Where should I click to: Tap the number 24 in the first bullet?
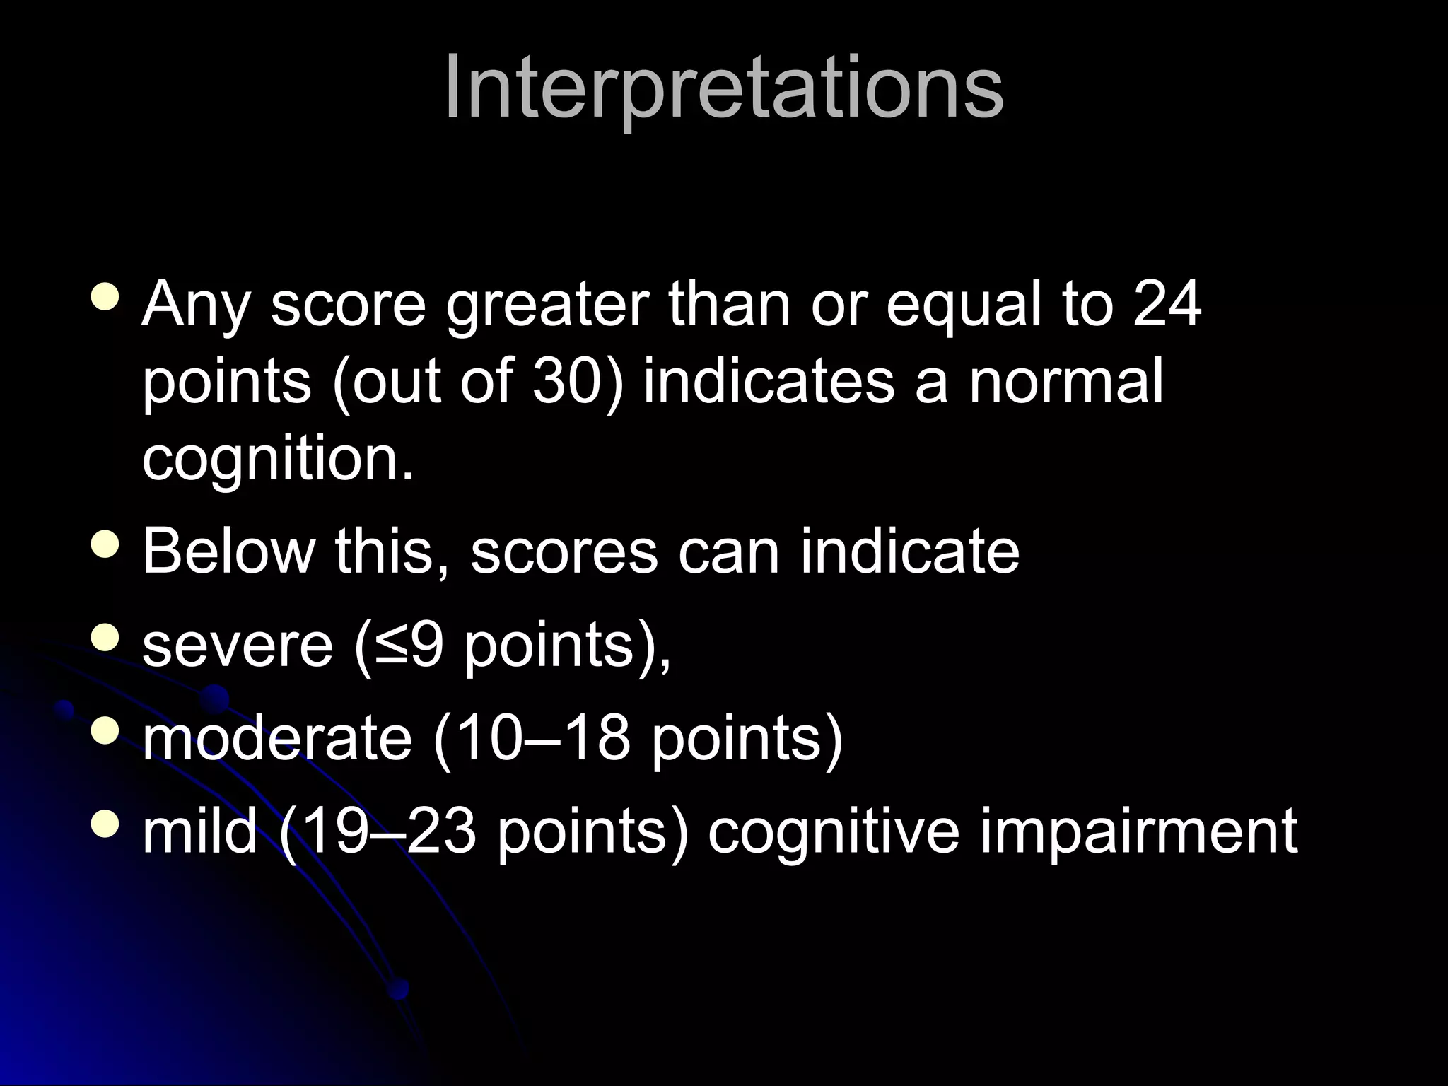coord(1167,305)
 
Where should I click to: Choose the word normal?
coord(1065,382)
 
